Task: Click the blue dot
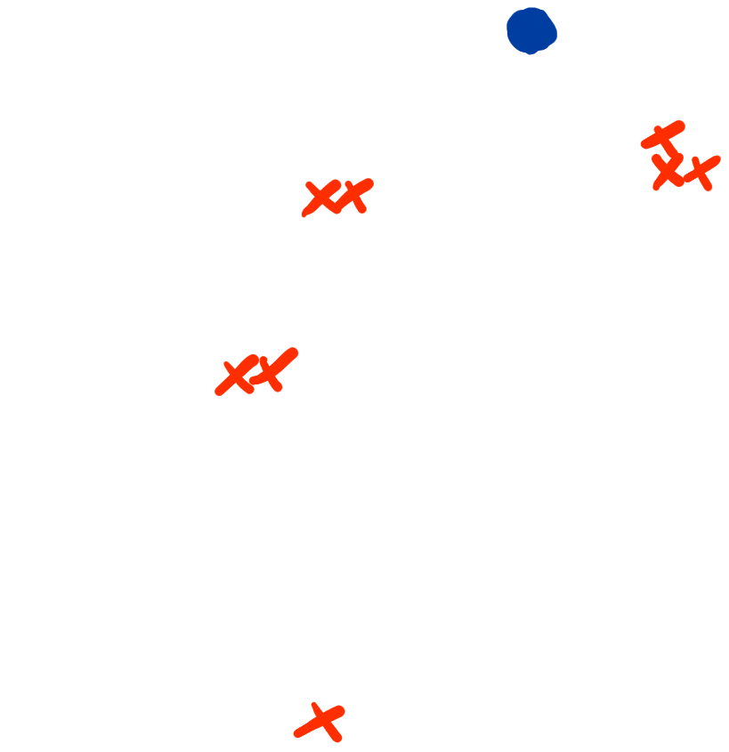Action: pyautogui.click(x=531, y=30)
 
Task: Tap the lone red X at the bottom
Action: pyautogui.click(x=321, y=721)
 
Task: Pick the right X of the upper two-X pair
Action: pyautogui.click(x=354, y=194)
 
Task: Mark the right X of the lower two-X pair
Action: pyautogui.click(x=272, y=368)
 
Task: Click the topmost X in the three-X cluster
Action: pyautogui.click(x=663, y=135)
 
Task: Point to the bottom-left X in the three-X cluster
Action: pyautogui.click(x=668, y=171)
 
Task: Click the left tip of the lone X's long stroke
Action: pyautogui.click(x=297, y=735)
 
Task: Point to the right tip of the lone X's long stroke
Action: pyautogui.click(x=341, y=710)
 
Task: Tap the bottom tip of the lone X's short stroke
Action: pyautogui.click(x=336, y=738)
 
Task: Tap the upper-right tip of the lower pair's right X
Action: pyautogui.click(x=295, y=352)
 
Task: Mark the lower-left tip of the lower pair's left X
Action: pyautogui.click(x=218, y=392)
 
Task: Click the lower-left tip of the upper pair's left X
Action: pyautogui.click(x=304, y=214)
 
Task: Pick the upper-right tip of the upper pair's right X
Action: pyautogui.click(x=370, y=182)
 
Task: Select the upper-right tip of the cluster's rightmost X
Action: pyautogui.click(x=717, y=159)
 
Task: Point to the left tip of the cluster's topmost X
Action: pyautogui.click(x=644, y=145)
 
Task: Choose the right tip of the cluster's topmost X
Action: pyautogui.click(x=682, y=125)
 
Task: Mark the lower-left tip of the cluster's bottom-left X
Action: pyautogui.click(x=656, y=188)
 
